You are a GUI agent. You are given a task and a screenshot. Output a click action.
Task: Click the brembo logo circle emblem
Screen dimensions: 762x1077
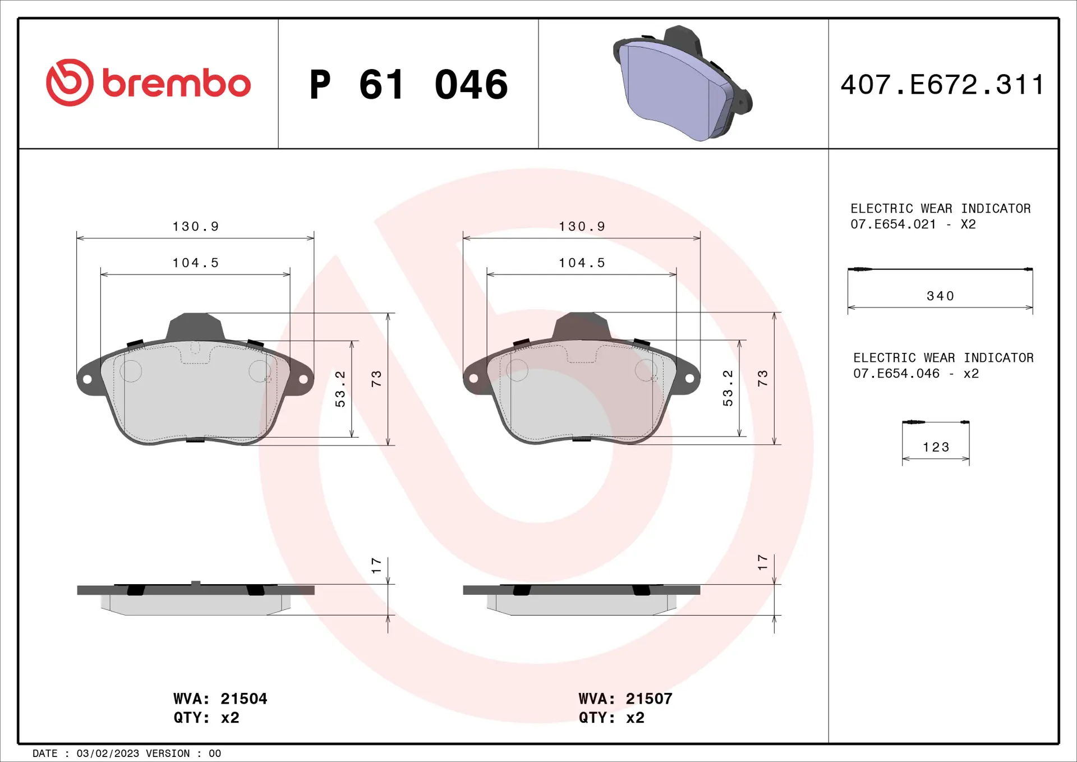70,82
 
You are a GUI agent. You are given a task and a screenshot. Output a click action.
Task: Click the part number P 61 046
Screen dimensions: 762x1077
408,85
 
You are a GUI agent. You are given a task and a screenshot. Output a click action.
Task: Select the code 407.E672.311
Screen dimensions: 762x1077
942,85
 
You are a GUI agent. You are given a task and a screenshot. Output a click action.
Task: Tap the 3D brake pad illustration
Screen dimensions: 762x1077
682,84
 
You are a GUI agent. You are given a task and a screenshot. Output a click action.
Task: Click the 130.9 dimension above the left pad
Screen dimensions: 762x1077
195,226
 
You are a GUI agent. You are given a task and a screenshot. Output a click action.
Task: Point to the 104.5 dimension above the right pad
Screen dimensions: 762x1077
582,263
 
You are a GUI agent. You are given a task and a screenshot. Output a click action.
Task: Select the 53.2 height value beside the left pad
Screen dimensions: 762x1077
340,388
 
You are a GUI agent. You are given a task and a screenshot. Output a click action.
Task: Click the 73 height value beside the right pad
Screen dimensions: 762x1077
762,378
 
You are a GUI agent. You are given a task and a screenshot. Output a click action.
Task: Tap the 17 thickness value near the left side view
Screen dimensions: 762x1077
376,565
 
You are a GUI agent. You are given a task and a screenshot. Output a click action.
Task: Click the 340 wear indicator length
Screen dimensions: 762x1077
940,296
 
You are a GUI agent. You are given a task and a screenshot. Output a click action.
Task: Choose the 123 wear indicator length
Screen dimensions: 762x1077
936,447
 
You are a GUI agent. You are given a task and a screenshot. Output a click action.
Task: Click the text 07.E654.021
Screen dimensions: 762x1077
893,224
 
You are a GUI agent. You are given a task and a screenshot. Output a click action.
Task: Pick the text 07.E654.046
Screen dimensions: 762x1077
896,374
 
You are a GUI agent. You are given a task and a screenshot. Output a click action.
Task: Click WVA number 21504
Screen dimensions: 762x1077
243,699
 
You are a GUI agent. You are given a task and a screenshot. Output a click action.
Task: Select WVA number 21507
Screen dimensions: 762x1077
648,699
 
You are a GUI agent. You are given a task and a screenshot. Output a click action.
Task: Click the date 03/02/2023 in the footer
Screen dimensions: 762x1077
108,754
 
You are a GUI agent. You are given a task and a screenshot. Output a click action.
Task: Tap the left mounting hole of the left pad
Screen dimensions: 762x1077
88,379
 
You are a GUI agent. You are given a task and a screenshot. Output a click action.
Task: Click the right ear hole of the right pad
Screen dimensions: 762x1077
689,379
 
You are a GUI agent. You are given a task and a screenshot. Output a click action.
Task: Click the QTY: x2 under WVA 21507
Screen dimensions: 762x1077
611,718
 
